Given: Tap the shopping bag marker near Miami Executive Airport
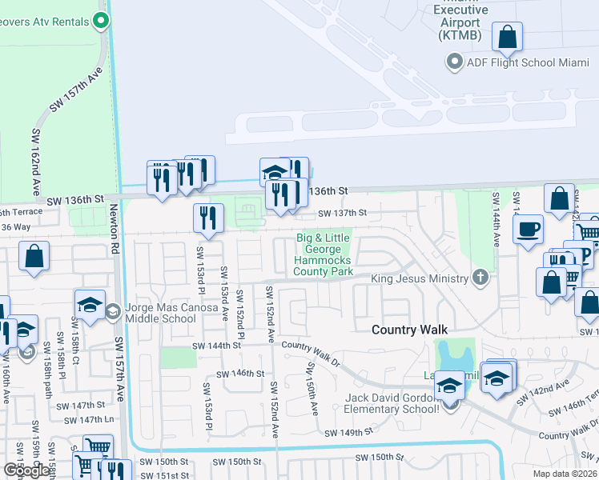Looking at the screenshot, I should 507,37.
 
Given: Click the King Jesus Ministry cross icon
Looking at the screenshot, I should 480,278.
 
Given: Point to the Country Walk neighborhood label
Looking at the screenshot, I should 408,330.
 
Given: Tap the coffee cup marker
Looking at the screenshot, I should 528,230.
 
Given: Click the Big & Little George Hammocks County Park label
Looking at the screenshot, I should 324,254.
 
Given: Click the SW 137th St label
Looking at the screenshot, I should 342,213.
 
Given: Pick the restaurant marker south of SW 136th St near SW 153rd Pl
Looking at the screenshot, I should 208,218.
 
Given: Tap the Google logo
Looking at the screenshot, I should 26,470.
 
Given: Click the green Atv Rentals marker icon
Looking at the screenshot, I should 101,21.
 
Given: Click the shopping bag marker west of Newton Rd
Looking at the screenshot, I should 34,258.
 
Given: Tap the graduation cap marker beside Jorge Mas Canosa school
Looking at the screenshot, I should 90,305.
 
